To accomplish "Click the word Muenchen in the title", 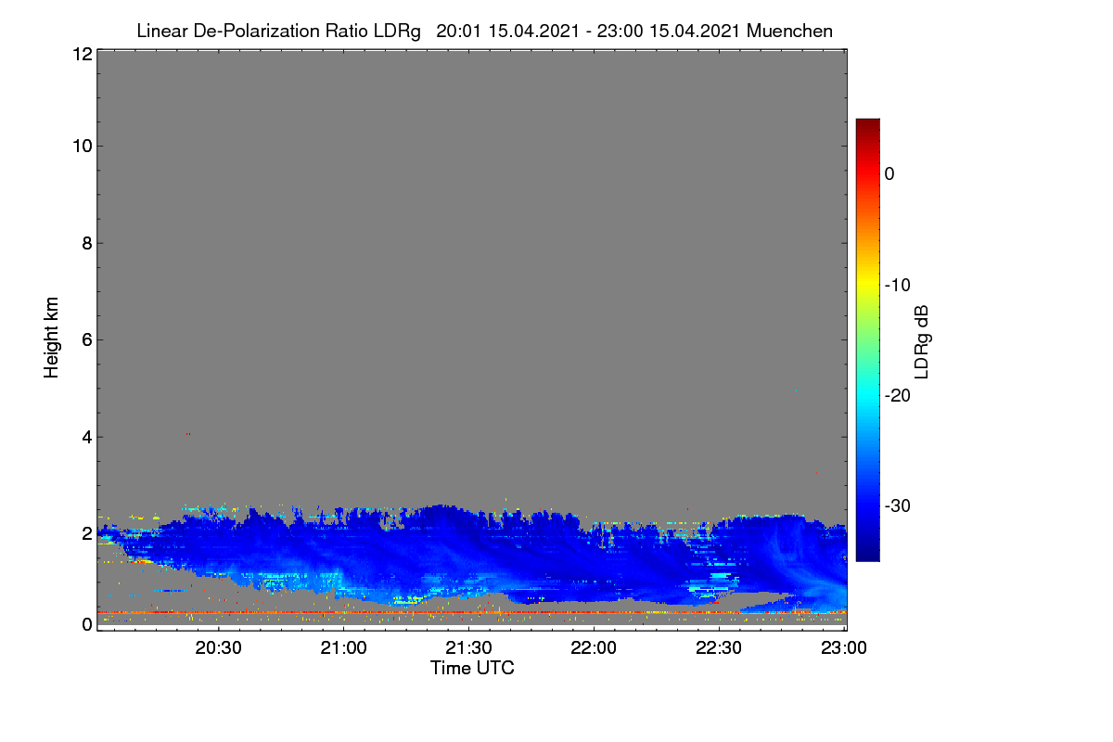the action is click(x=789, y=31).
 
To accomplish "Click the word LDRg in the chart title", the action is click(x=397, y=32).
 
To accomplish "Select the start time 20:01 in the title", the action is click(x=458, y=31).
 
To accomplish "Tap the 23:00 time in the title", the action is click(x=620, y=31).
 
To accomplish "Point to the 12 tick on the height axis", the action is click(x=83, y=54).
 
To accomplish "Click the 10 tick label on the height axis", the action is click(x=83, y=147).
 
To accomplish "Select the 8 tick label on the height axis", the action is click(x=87, y=243).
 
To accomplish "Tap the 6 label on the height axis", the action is click(x=87, y=340).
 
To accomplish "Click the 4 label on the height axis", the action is click(x=87, y=438).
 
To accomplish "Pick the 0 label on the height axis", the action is click(x=87, y=624).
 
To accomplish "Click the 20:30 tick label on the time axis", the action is click(x=218, y=647).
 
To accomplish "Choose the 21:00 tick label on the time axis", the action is click(x=343, y=647).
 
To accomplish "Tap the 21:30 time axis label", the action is click(x=468, y=647).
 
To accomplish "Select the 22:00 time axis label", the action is click(x=594, y=647).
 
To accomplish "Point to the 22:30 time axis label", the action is click(x=719, y=647).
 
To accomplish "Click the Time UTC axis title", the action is click(x=472, y=668).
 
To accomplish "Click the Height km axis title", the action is click(x=51, y=338).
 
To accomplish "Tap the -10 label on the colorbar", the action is click(x=898, y=286).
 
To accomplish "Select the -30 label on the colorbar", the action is click(x=898, y=505).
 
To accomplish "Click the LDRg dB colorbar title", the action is click(x=922, y=342).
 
